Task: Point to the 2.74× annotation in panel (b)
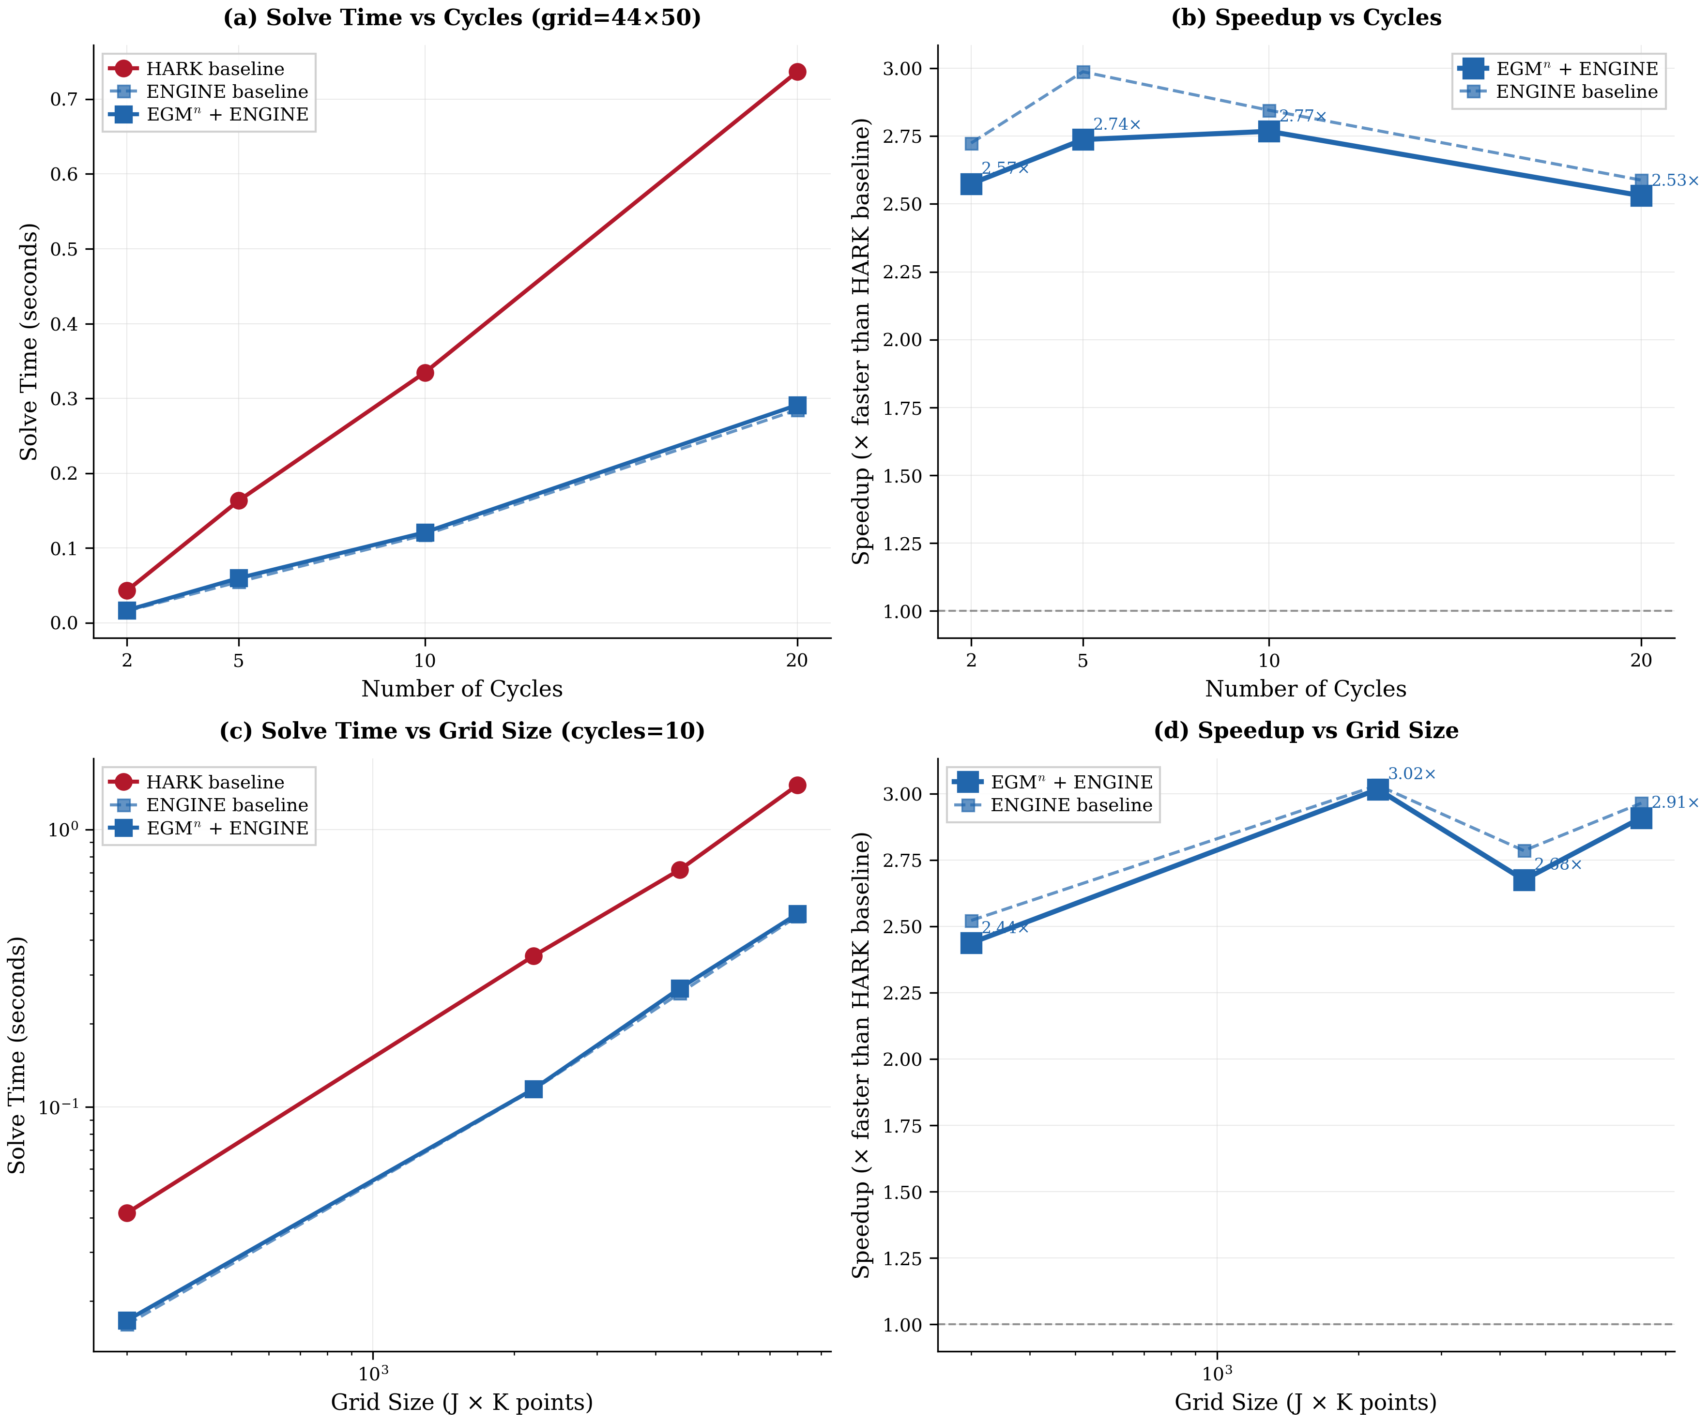[1117, 124]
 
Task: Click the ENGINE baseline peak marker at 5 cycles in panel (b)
[1083, 73]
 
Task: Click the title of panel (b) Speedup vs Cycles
[1305, 18]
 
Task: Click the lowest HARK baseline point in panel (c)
[127, 1212]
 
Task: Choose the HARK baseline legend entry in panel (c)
[215, 782]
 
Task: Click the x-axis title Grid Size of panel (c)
[461, 1403]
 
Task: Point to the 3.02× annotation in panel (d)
[1411, 774]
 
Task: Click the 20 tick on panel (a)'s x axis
[797, 660]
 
